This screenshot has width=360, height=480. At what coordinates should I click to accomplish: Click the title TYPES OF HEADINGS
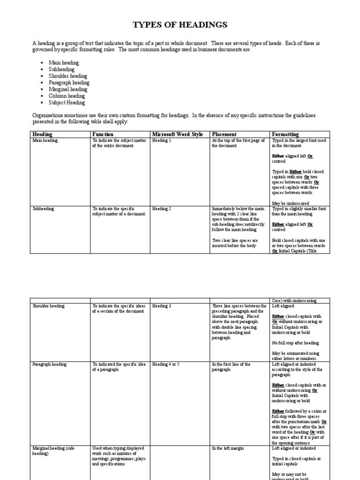(180, 25)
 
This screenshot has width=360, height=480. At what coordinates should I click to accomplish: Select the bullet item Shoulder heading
(67, 76)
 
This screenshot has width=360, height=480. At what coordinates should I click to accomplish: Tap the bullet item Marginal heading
(67, 89)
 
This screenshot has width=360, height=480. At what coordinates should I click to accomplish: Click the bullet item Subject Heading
(67, 102)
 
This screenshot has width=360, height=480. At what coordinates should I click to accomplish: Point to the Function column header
(103, 135)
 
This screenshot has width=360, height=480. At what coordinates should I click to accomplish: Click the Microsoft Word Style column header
(177, 135)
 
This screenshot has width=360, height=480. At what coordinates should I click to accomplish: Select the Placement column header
(224, 135)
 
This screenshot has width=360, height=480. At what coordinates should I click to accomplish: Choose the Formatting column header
(285, 135)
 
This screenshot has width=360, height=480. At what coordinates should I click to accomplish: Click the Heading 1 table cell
(162, 141)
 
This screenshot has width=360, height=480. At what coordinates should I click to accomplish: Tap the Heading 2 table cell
(162, 209)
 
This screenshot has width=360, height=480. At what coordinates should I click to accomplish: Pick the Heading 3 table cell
(162, 306)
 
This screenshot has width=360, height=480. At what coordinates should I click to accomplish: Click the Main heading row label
(45, 141)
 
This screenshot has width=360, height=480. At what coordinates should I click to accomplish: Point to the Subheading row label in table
(43, 209)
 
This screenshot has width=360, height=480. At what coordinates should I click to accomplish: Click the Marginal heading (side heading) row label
(49, 451)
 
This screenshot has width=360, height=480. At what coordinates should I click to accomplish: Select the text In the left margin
(228, 449)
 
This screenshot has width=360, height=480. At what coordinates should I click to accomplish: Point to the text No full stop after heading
(295, 343)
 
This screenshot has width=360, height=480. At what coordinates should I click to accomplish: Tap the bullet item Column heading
(67, 96)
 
